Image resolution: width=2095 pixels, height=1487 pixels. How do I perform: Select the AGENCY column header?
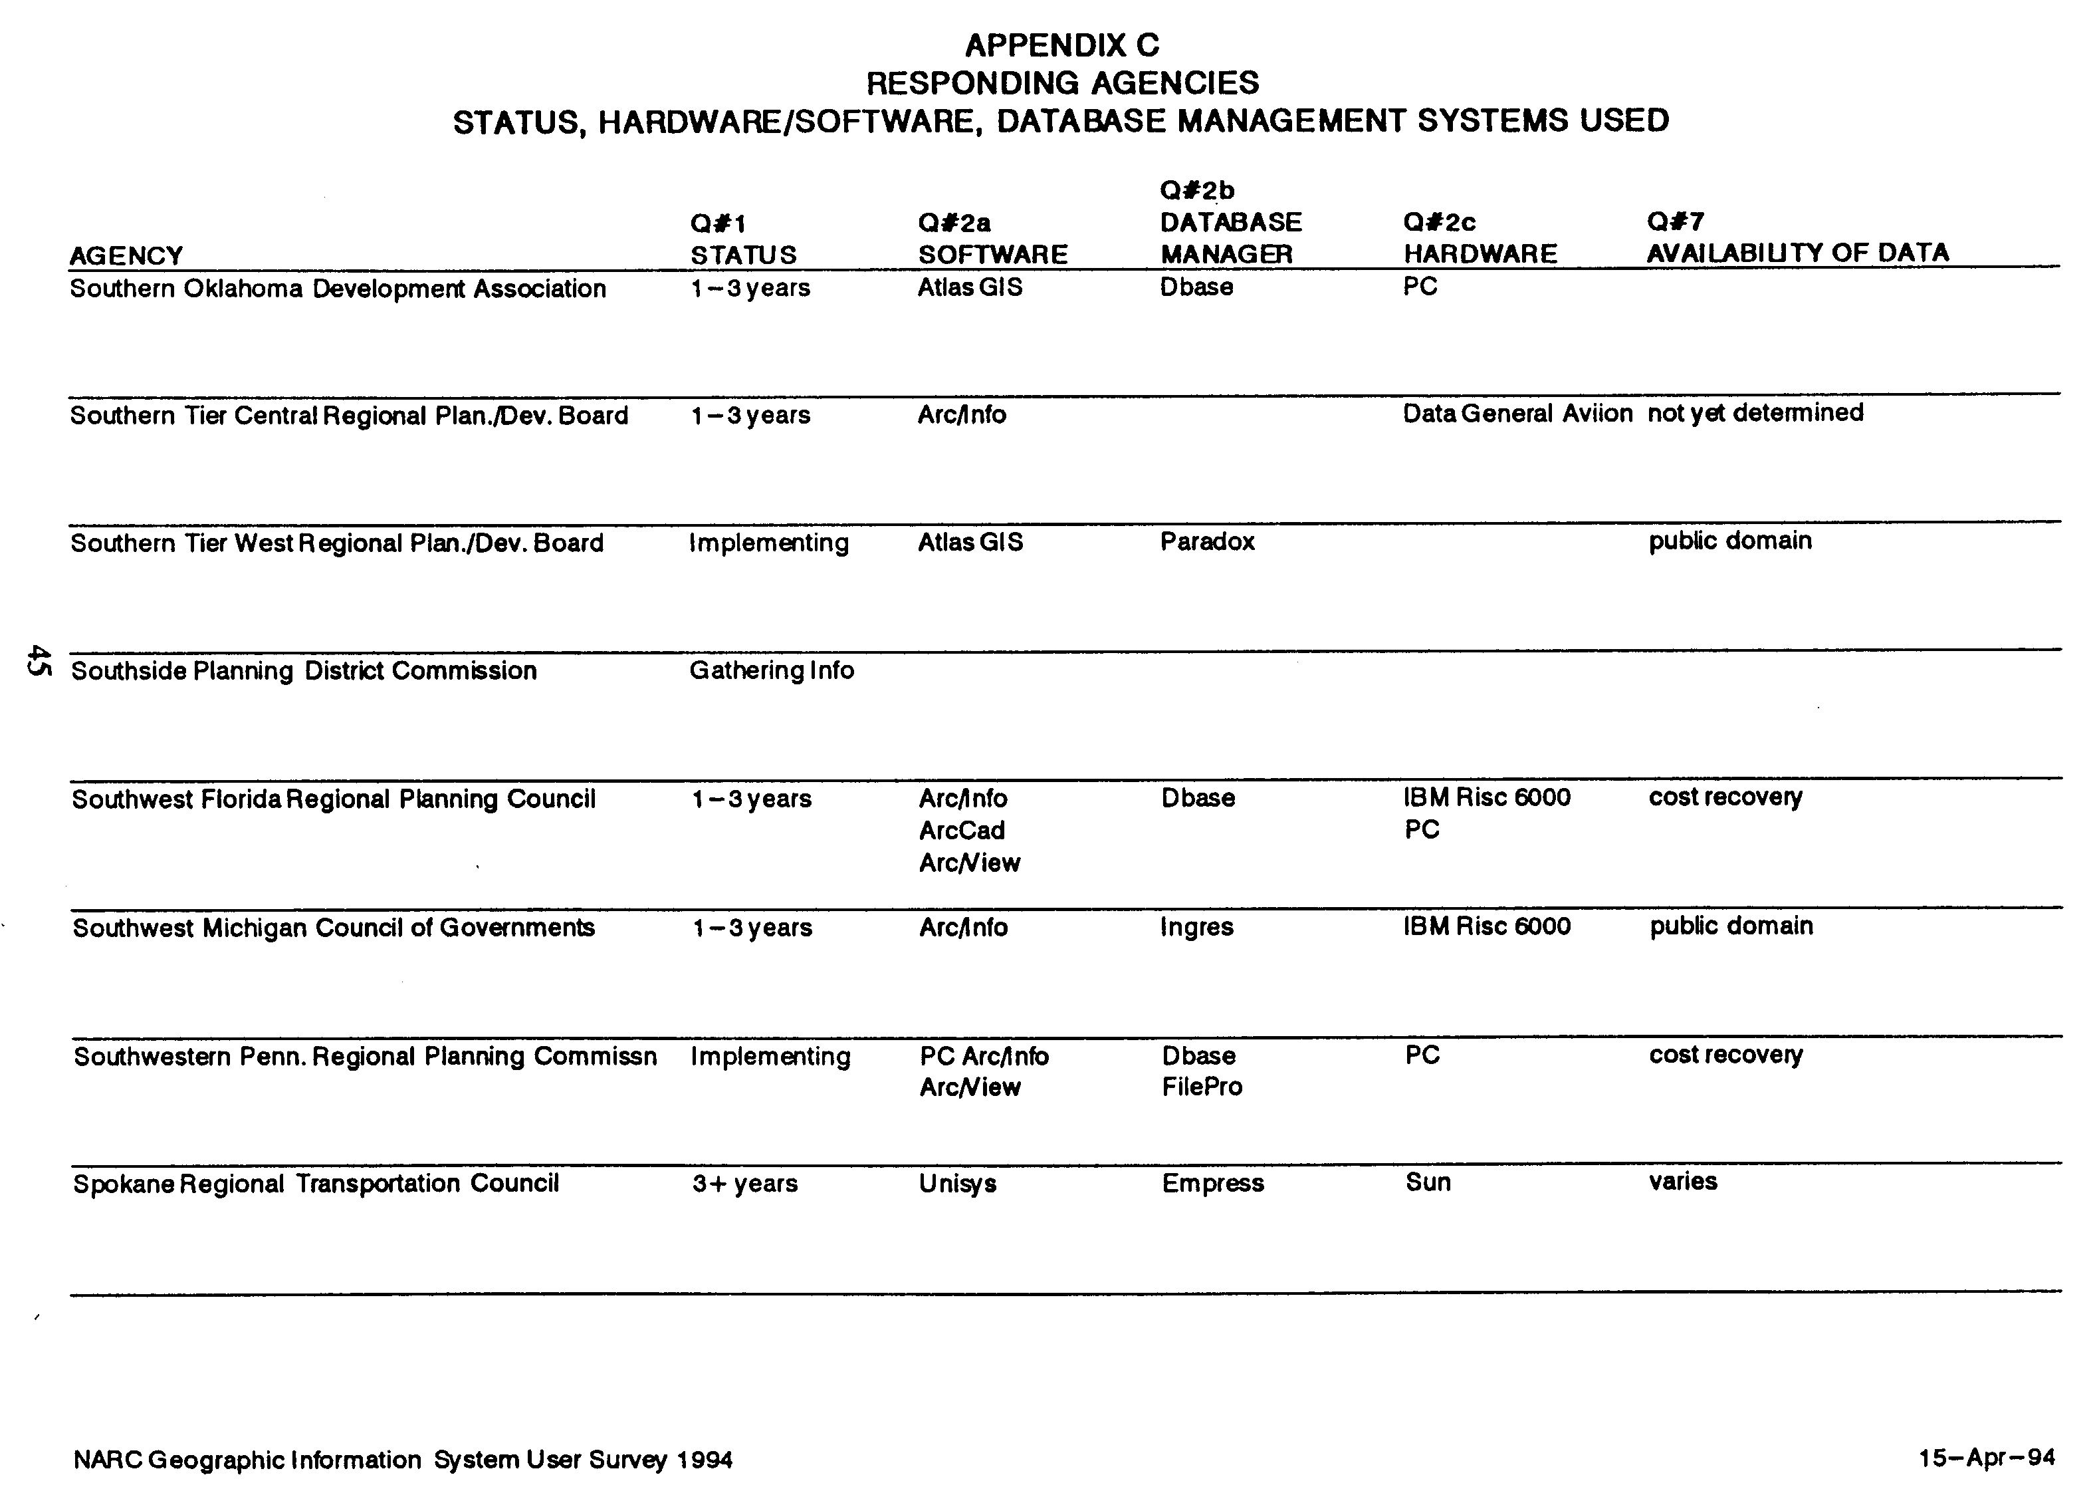pyautogui.click(x=126, y=255)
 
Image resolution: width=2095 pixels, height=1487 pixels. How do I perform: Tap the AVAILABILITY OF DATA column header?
pyautogui.click(x=1797, y=253)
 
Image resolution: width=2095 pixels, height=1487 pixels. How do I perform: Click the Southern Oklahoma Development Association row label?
pyautogui.click(x=338, y=289)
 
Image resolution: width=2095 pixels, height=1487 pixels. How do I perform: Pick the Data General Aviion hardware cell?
pyautogui.click(x=1517, y=414)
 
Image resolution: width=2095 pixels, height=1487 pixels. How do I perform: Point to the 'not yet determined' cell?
pyautogui.click(x=1755, y=413)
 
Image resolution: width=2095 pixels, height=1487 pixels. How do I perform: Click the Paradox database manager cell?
pyautogui.click(x=1206, y=542)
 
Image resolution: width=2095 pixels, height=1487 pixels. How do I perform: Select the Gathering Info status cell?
pyautogui.click(x=770, y=670)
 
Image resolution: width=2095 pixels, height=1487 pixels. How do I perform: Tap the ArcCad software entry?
pyautogui.click(x=961, y=831)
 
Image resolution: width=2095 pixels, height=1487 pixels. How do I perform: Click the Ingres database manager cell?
pyautogui.click(x=1196, y=928)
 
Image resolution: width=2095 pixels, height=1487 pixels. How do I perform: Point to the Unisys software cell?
pyautogui.click(x=957, y=1184)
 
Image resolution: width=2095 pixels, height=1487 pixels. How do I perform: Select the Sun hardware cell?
pyautogui.click(x=1427, y=1182)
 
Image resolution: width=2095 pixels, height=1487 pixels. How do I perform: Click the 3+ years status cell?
pyautogui.click(x=744, y=1184)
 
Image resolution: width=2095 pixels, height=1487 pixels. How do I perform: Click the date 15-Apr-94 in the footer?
pyautogui.click(x=1986, y=1458)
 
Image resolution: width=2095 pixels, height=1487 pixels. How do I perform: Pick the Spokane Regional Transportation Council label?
pyautogui.click(x=316, y=1184)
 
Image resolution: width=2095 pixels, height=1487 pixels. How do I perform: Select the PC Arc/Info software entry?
pyautogui.click(x=983, y=1057)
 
